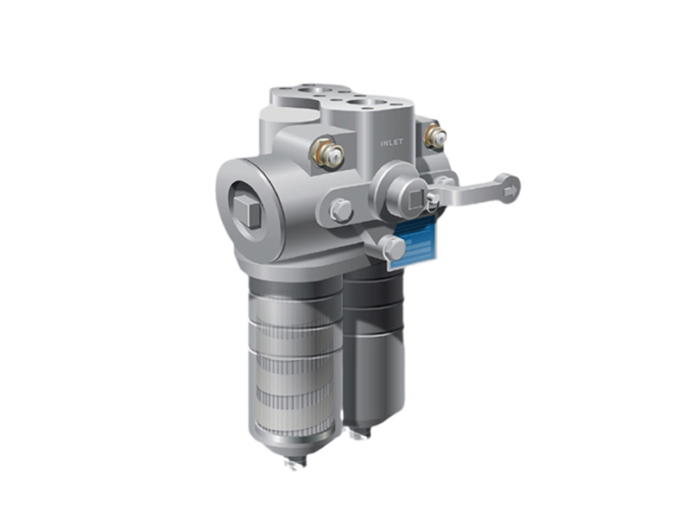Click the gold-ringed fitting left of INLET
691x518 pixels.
pyautogui.click(x=329, y=155)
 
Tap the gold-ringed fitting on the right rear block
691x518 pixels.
pyautogui.click(x=435, y=136)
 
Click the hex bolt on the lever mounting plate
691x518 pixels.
pyautogui.click(x=340, y=210)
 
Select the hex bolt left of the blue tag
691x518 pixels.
pyautogui.click(x=393, y=249)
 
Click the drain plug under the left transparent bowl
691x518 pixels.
pyautogui.click(x=294, y=464)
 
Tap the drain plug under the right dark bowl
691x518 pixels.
pyautogui.click(x=356, y=432)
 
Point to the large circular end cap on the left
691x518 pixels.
pyautogui.click(x=253, y=207)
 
